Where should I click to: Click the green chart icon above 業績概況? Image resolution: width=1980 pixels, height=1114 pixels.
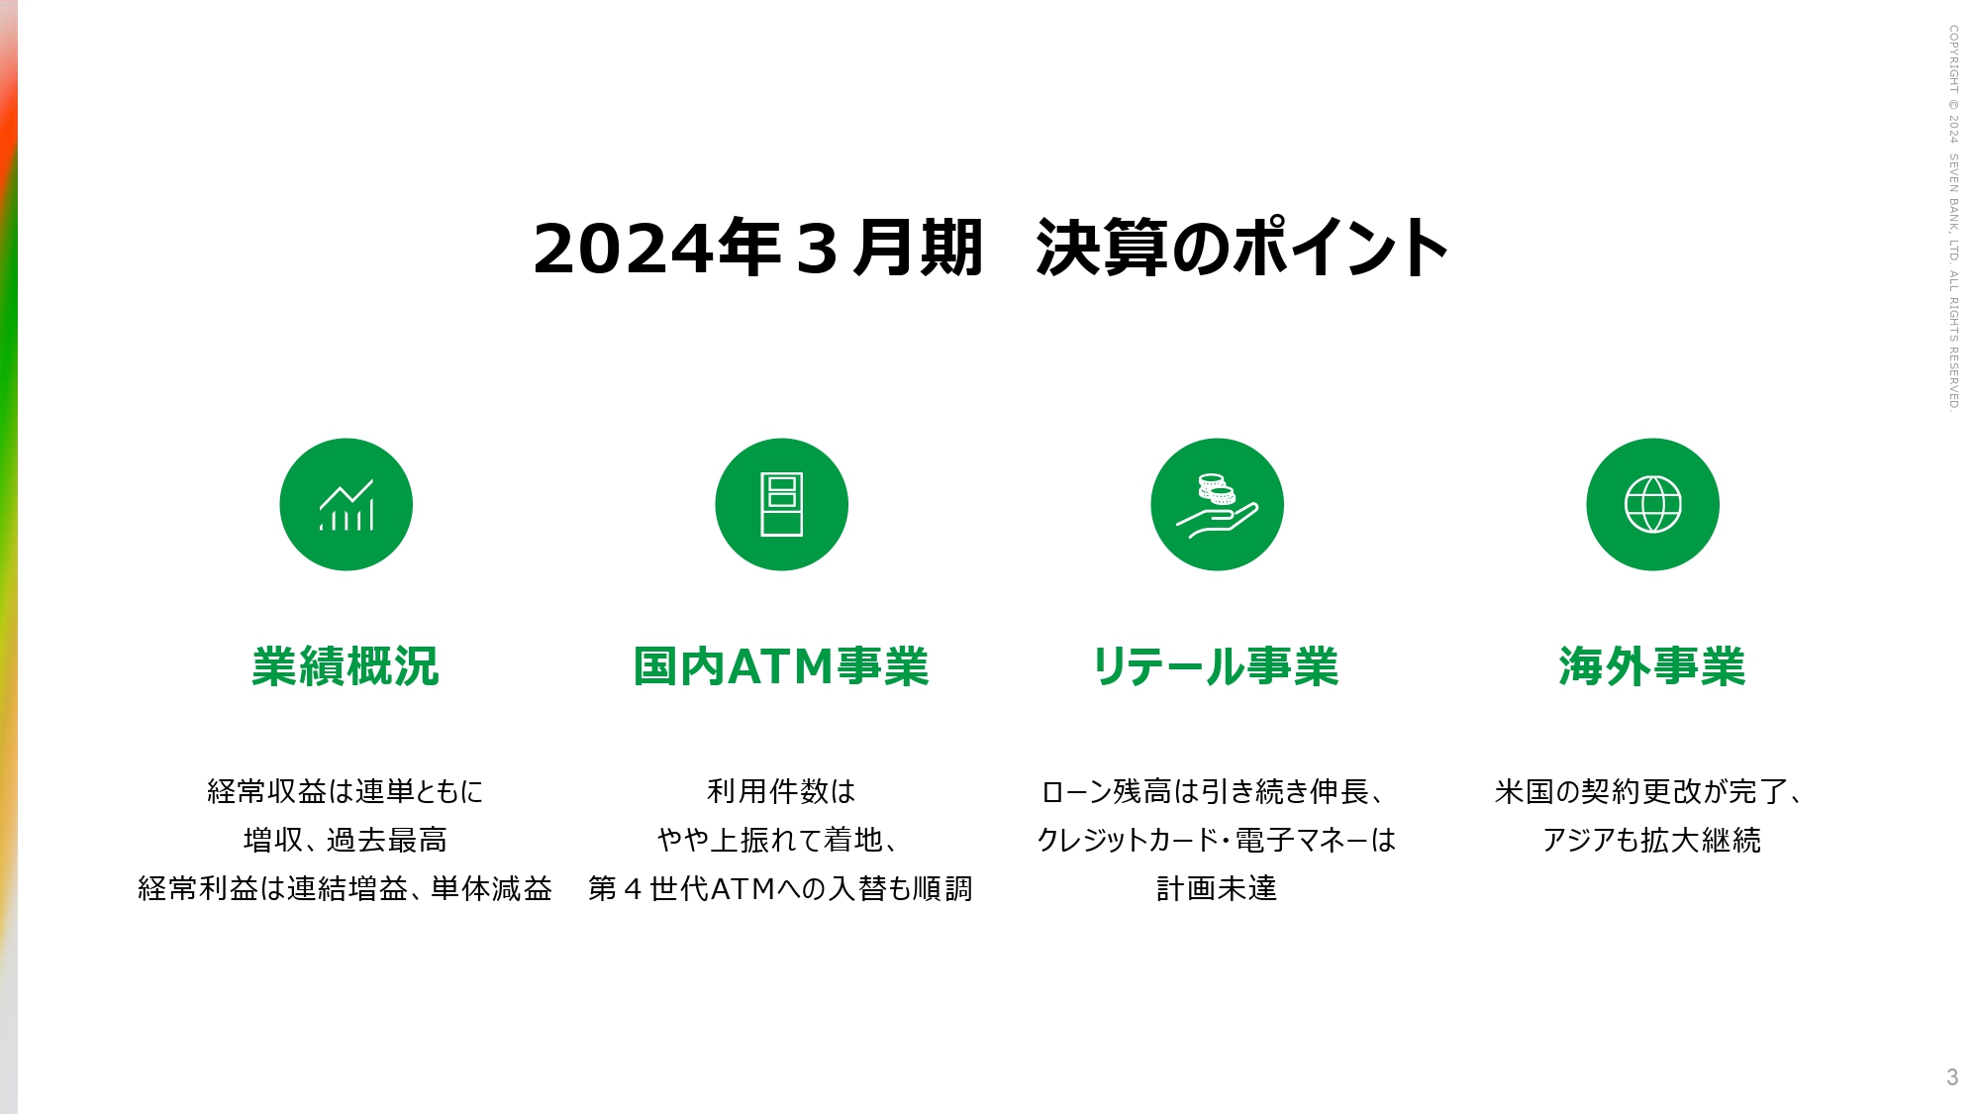[346, 504]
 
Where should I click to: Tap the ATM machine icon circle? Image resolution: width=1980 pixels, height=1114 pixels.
[781, 504]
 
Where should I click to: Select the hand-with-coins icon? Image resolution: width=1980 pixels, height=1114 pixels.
[1217, 504]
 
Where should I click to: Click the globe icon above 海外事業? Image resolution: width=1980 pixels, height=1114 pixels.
[1652, 504]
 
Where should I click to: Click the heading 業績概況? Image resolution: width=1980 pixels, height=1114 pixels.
[346, 666]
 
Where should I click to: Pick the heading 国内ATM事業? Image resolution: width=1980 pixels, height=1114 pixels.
[781, 666]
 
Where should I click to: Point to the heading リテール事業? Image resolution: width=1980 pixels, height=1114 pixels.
[1216, 666]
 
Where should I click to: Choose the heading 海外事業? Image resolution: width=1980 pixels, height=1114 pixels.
[1652, 666]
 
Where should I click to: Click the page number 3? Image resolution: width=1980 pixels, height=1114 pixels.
[1952, 1077]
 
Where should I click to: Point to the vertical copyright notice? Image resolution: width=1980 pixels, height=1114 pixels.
[1954, 217]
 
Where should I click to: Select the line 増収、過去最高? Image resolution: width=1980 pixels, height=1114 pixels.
[346, 840]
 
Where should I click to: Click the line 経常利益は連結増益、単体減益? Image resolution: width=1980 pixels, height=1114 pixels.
[346, 888]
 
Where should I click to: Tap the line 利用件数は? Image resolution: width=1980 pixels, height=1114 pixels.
[781, 791]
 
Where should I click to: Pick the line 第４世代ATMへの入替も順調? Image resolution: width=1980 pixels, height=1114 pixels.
[781, 888]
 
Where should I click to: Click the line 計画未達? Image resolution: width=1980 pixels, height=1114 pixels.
[1217, 888]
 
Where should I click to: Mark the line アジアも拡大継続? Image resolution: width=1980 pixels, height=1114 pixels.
[1652, 840]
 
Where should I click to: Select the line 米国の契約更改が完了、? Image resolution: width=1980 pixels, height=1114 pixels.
[1652, 791]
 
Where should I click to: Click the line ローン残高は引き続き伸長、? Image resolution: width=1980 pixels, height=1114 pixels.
[1217, 791]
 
